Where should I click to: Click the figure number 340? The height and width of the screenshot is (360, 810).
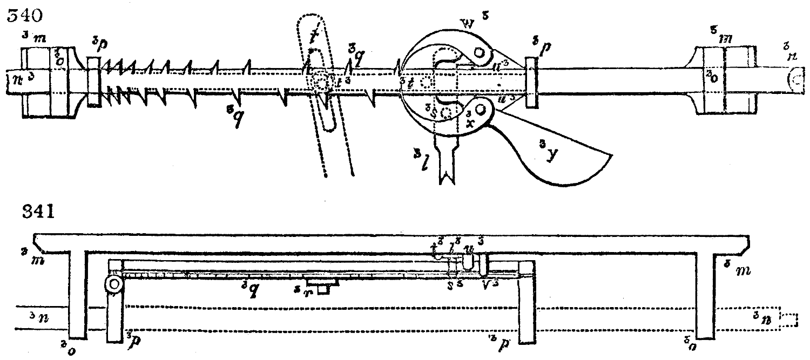pyautogui.click(x=22, y=17)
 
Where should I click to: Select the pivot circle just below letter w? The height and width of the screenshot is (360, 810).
pyautogui.click(x=478, y=53)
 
